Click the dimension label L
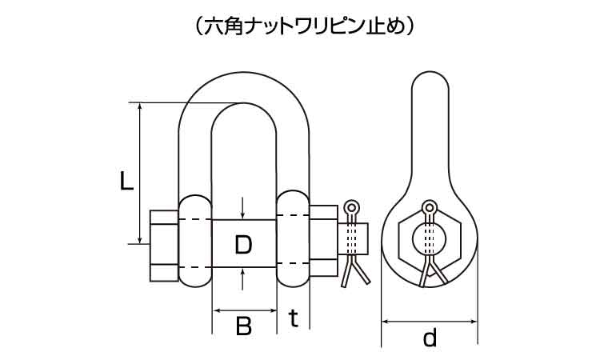click(x=125, y=182)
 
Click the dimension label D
click(x=243, y=243)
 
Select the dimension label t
click(x=294, y=319)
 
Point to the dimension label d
click(x=430, y=338)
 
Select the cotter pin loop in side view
click(x=430, y=209)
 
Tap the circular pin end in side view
click(x=430, y=239)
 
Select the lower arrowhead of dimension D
click(x=243, y=272)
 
